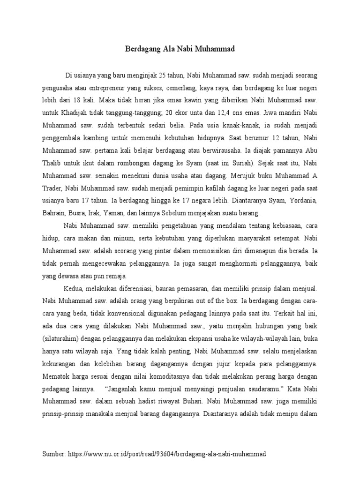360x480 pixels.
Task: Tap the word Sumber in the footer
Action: coord(53,454)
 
